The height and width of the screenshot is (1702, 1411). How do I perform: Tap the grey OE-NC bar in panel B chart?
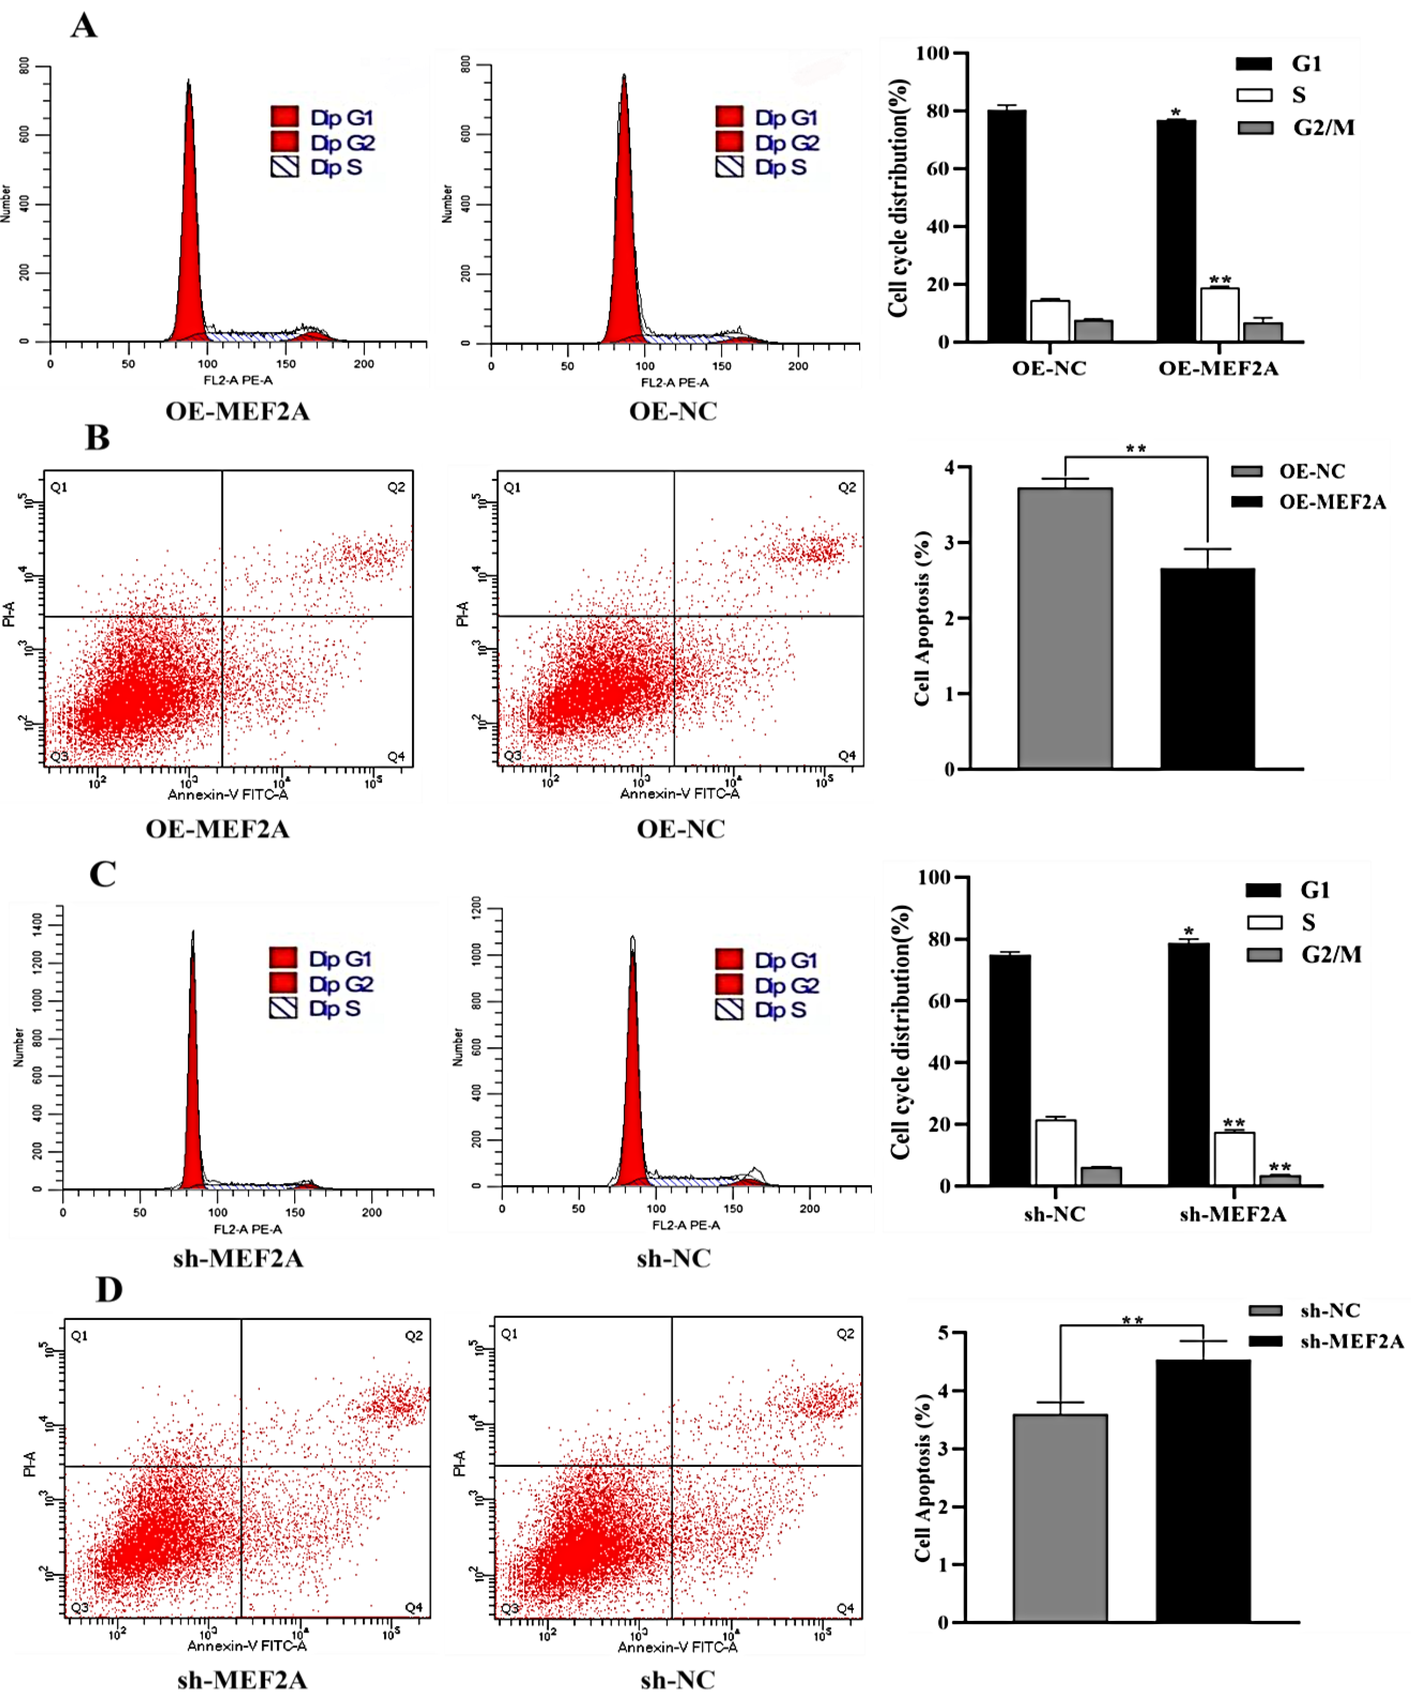[1065, 628]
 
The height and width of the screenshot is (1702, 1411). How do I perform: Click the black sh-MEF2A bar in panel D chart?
[1203, 1491]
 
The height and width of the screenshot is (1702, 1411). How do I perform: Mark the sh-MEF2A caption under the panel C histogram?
[238, 1259]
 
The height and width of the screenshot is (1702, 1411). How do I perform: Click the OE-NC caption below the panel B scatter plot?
[681, 829]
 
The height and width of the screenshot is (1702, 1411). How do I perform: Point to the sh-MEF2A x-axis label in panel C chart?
[1233, 1214]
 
